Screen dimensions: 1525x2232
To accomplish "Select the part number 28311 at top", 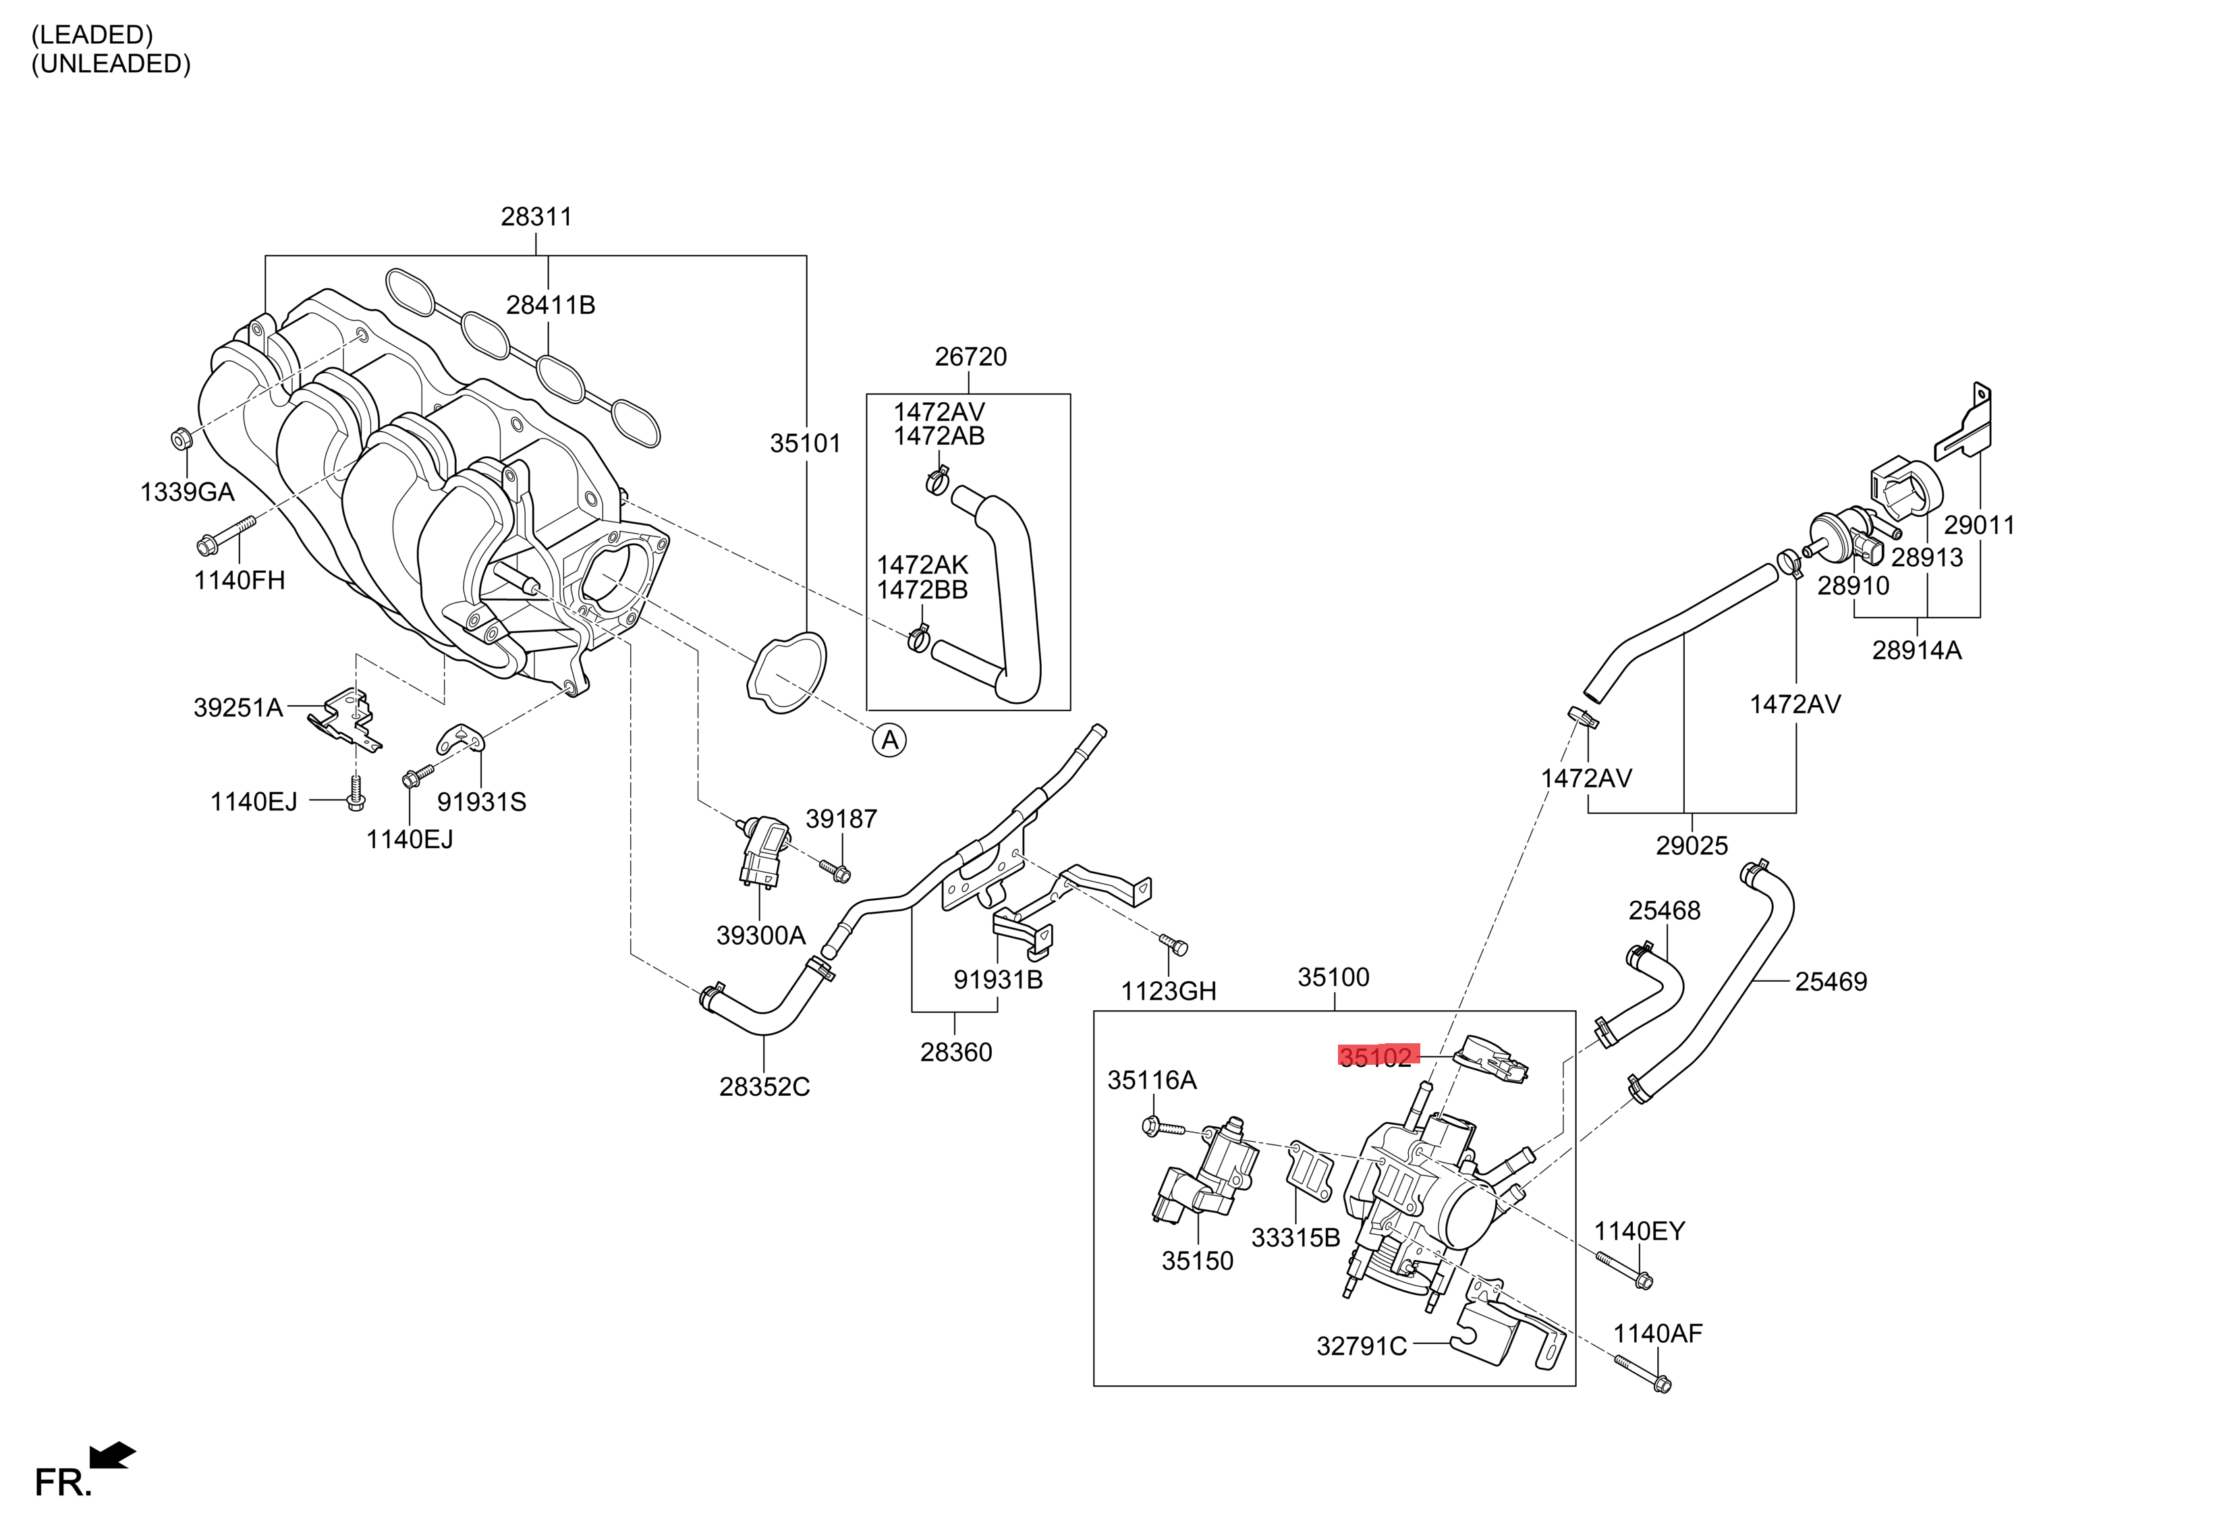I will coord(536,217).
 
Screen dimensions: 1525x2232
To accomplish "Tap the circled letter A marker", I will coord(889,740).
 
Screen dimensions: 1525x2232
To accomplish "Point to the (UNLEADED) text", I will coord(111,63).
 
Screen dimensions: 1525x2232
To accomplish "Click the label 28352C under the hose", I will coord(764,1087).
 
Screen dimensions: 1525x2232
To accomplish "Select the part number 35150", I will coord(1197,1261).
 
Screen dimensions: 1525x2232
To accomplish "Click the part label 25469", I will coord(1831,981).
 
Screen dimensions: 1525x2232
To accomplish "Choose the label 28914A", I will coord(1916,651).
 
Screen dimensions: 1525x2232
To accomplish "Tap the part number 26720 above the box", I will coord(970,357).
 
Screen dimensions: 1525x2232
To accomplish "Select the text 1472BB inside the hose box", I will coord(922,590).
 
